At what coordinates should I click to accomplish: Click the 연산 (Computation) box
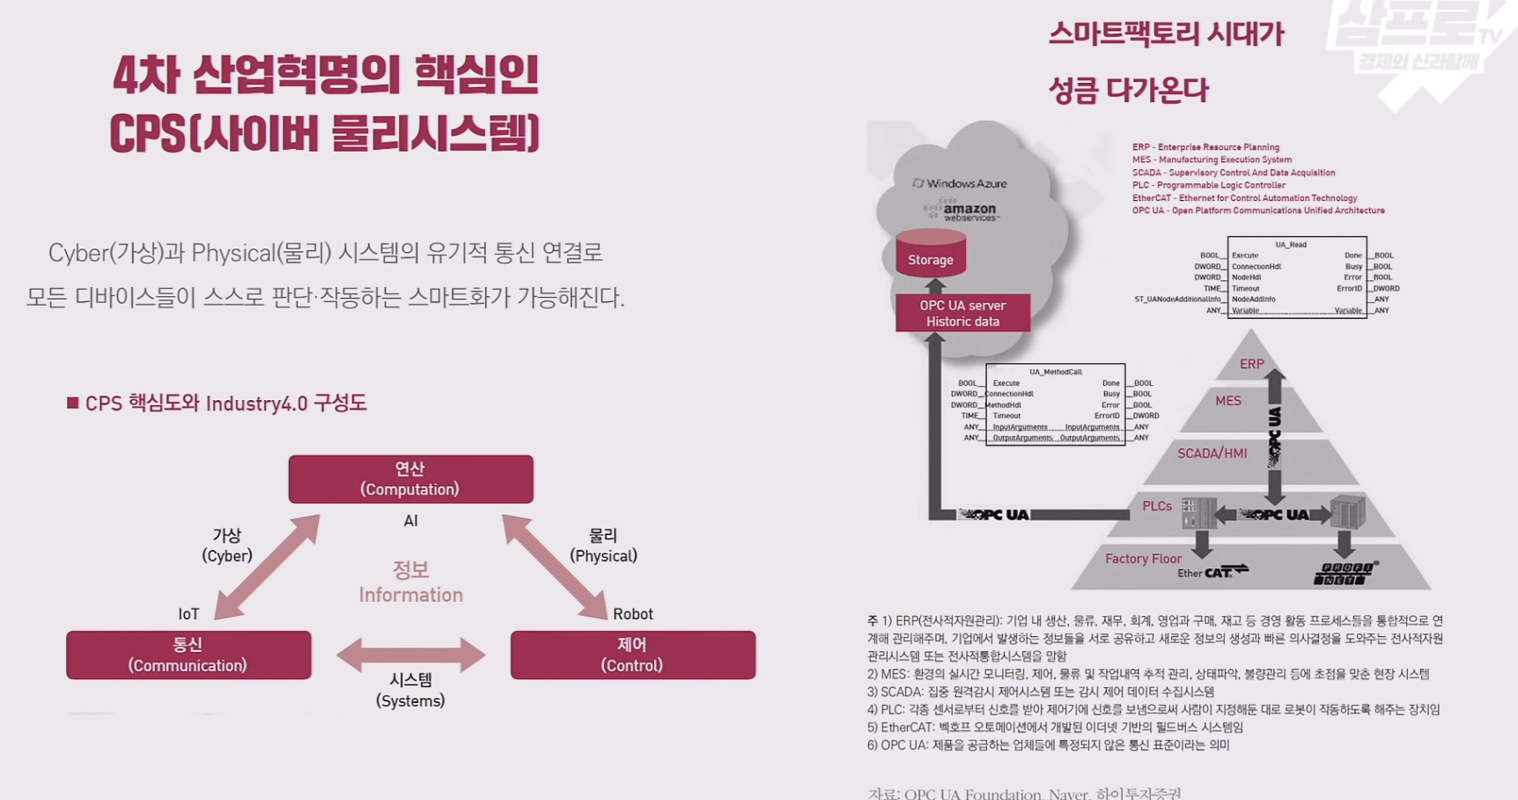point(410,478)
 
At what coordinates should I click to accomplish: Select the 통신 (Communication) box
point(188,655)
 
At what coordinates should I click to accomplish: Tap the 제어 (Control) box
point(632,655)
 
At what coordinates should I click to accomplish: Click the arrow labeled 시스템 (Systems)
point(410,655)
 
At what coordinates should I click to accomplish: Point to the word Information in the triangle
point(410,595)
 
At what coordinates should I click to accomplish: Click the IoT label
point(188,614)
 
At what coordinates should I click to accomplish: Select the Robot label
point(632,614)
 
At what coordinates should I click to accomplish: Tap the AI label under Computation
point(410,521)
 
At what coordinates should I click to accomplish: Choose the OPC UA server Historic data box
point(962,313)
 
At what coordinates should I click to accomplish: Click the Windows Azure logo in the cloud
point(960,183)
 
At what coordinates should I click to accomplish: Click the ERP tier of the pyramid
point(1251,364)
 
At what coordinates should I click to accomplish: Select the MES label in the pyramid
point(1227,401)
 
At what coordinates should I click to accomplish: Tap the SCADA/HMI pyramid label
point(1212,453)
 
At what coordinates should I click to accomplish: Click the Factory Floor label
point(1143,559)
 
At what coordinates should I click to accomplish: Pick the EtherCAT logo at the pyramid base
point(1212,572)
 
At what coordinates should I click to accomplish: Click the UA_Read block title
point(1291,244)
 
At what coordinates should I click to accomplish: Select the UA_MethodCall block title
point(1055,372)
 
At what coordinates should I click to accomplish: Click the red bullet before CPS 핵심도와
point(72,403)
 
